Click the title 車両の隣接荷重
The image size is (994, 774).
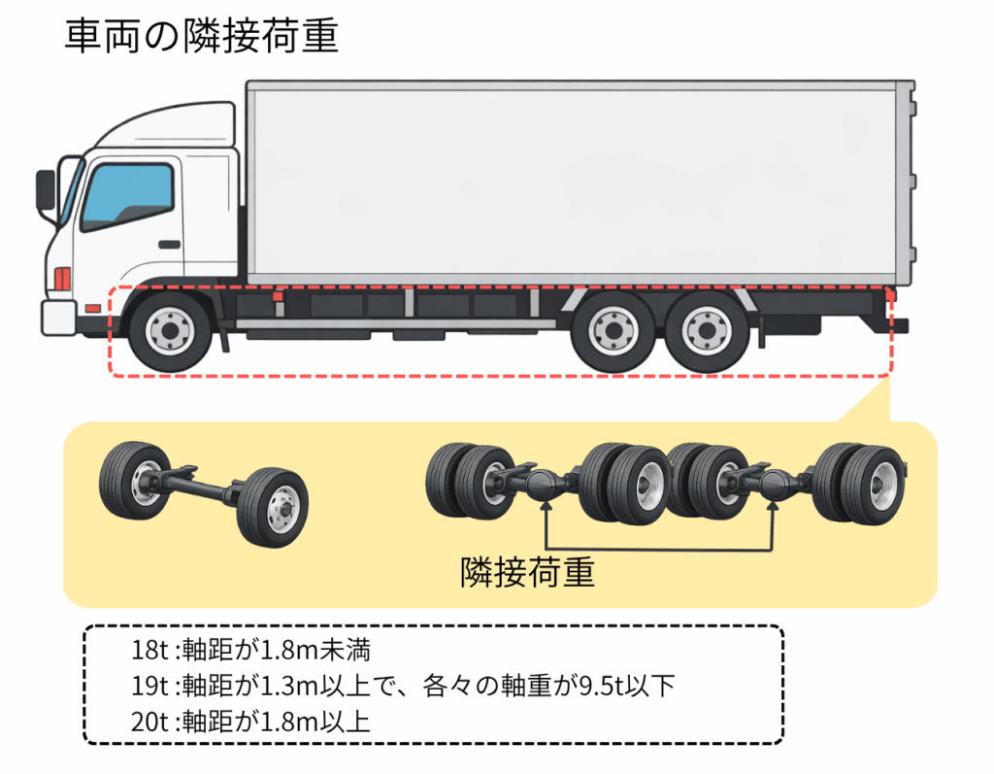[201, 38]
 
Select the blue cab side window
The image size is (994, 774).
[127, 196]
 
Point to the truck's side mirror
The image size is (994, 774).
[46, 189]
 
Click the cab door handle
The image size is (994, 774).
[170, 243]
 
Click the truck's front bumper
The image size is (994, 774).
[58, 317]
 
